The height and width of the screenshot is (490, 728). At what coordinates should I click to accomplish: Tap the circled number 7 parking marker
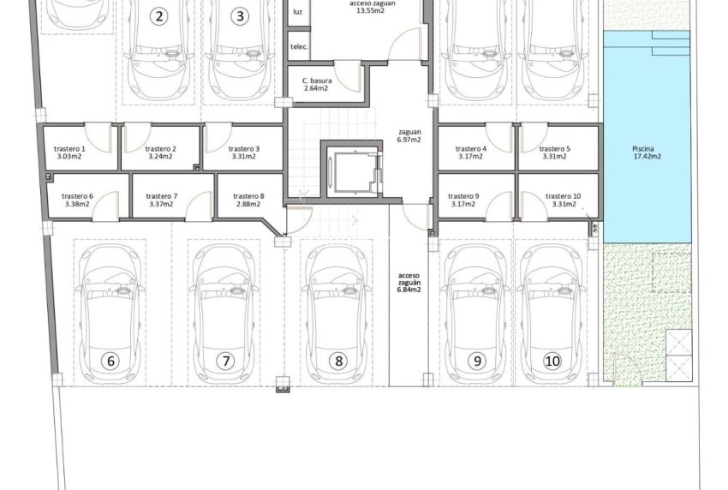pyautogui.click(x=226, y=361)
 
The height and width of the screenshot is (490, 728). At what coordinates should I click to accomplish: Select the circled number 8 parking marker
pyautogui.click(x=338, y=361)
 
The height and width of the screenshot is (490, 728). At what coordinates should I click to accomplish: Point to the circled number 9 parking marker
pyautogui.click(x=477, y=361)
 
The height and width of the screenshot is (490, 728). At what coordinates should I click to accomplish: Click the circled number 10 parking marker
pyautogui.click(x=552, y=361)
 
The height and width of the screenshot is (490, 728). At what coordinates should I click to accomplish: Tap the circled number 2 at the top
pyautogui.click(x=158, y=15)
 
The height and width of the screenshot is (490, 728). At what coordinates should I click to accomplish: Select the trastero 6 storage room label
pyautogui.click(x=78, y=200)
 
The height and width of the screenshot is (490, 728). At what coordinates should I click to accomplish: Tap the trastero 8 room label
pyautogui.click(x=249, y=200)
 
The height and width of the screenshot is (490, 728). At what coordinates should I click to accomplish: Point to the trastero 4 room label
pyautogui.click(x=471, y=152)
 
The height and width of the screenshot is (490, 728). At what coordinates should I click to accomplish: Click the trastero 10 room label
pyautogui.click(x=563, y=200)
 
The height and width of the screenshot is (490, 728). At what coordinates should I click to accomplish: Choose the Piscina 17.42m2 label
pyautogui.click(x=645, y=152)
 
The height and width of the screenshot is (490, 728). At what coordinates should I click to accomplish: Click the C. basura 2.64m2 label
pyautogui.click(x=316, y=83)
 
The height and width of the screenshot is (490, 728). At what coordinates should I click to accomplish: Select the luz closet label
pyautogui.click(x=297, y=12)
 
